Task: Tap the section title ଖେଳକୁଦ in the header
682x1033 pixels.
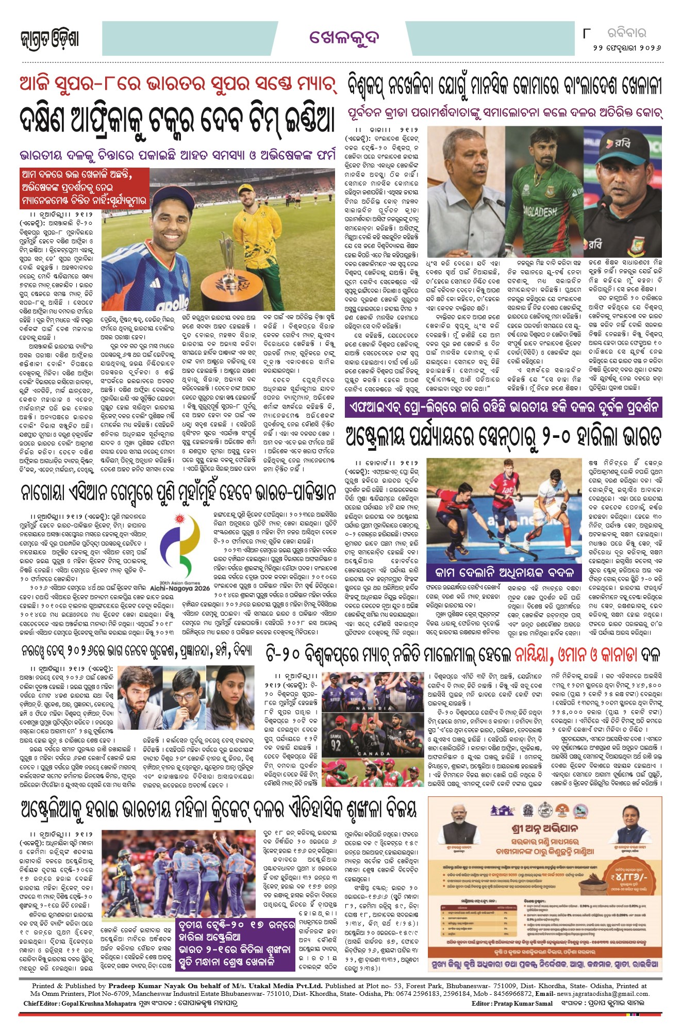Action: (x=344, y=38)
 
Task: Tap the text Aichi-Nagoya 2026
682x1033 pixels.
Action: (x=180, y=587)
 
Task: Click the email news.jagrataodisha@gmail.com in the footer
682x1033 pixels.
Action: (x=603, y=993)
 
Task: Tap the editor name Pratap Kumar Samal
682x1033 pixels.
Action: (x=523, y=1003)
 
